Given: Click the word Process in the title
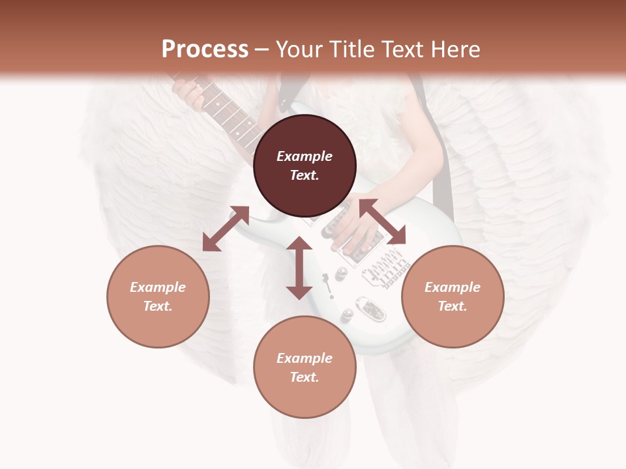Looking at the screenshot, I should tap(205, 50).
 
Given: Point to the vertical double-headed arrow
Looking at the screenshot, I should tap(299, 268).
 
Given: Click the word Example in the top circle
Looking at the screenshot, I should tap(305, 156).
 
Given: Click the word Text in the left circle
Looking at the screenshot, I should tap(157, 306).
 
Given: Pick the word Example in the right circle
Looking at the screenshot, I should tap(453, 287).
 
